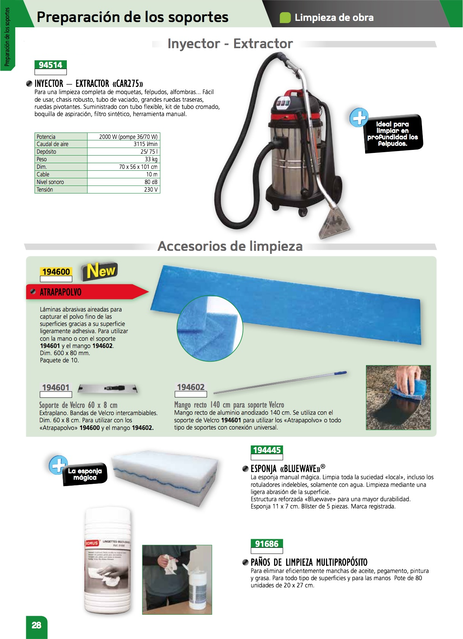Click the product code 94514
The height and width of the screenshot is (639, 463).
click(x=50, y=65)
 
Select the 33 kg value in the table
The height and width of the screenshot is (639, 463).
click(x=151, y=159)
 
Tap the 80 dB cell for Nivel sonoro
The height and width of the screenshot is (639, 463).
click(x=151, y=182)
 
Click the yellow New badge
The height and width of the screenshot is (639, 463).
click(x=99, y=271)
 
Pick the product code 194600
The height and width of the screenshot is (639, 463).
click(x=56, y=272)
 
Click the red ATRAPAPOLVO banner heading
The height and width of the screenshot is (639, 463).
click(x=61, y=292)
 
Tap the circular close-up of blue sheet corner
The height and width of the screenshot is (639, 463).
click(x=209, y=328)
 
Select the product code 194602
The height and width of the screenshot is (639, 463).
click(x=191, y=387)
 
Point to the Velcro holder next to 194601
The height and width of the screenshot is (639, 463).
click(x=108, y=389)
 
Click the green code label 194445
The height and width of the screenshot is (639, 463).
click(x=267, y=450)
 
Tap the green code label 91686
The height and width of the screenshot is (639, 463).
click(x=267, y=544)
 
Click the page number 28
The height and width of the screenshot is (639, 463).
click(x=36, y=625)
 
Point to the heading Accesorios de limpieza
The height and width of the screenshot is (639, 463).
click(x=230, y=246)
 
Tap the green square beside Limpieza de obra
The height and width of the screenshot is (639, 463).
click(x=285, y=17)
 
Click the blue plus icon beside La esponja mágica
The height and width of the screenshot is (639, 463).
click(x=58, y=465)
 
